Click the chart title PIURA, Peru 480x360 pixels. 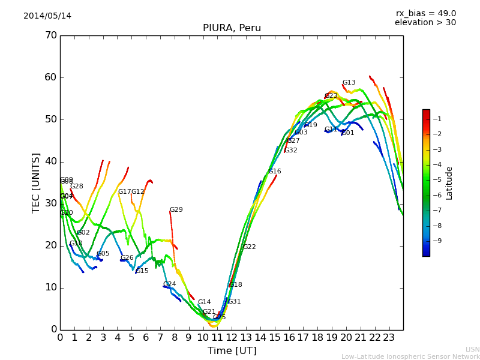pos(232,28)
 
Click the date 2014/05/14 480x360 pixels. pos(47,16)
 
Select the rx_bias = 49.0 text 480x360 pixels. pos(425,14)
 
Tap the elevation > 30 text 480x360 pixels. pos(425,23)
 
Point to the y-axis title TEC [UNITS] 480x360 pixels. pos(36,182)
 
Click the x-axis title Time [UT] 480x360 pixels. pos(232,351)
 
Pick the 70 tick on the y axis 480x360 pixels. pos(50,35)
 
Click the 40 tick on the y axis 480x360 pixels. pos(50,161)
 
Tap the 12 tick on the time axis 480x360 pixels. pos(232,337)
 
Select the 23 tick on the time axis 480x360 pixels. pos(389,337)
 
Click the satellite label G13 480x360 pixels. pos(349,83)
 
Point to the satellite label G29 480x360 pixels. pos(176,210)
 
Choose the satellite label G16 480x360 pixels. pos(275,172)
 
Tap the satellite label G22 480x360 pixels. pos(250,247)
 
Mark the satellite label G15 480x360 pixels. pos(142,271)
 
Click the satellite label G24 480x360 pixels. pos(170,284)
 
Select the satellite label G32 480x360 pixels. pos(291,151)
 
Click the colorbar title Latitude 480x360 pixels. pos(449,183)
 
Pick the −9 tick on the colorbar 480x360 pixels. pos(436,241)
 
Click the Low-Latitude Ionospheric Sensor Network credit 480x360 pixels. pos(410,357)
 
